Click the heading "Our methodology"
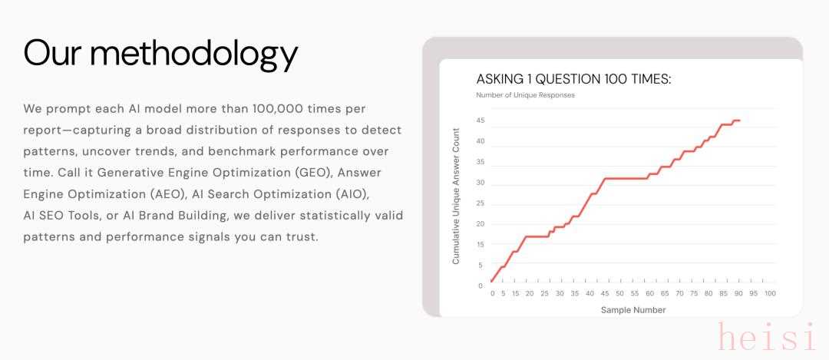click(160, 54)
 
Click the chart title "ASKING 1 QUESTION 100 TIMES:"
click(573, 79)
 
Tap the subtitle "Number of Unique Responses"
click(525, 95)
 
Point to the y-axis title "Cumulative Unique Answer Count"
click(456, 197)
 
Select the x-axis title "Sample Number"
click(632, 310)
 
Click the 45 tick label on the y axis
click(480, 121)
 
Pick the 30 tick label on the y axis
click(480, 183)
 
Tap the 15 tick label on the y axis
click(480, 244)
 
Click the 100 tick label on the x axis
click(770, 293)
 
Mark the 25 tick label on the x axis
click(544, 293)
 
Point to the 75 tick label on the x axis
click(694, 293)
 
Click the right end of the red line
click(740, 121)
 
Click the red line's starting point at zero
click(492, 281)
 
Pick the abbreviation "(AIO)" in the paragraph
click(351, 194)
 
